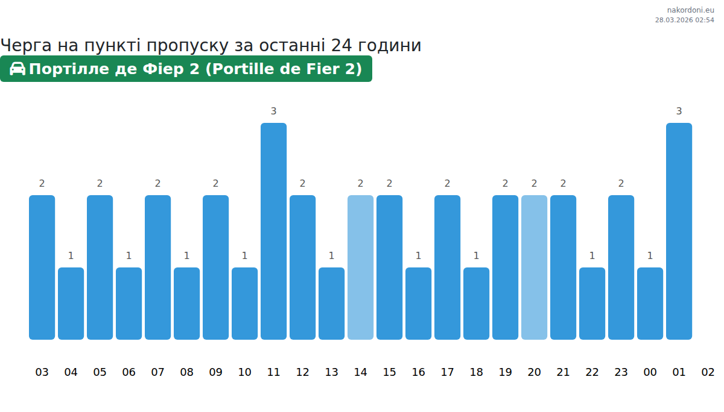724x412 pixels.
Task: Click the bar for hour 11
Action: point(273,231)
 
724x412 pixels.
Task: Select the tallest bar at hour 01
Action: point(679,231)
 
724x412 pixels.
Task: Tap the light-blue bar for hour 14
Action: point(360,267)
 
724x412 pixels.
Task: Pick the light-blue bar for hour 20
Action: point(534,267)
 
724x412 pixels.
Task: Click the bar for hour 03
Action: point(42,267)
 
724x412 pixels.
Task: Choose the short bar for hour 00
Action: point(650,304)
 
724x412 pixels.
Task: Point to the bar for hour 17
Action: point(447,267)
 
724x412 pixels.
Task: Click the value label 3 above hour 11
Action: point(273,111)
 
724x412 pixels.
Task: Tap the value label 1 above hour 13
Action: point(331,255)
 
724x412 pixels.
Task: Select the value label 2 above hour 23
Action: point(621,183)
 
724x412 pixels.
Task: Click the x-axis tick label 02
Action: point(708,372)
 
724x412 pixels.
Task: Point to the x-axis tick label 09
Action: point(215,372)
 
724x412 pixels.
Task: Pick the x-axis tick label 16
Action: point(418,372)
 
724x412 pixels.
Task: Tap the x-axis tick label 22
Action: point(592,372)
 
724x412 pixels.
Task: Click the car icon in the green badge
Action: point(17,69)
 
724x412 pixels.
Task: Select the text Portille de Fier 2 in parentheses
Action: point(284,69)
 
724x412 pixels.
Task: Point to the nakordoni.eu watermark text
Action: point(690,10)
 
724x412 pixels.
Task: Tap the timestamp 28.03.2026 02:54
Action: point(684,20)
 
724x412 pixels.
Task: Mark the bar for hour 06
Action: point(129,304)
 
